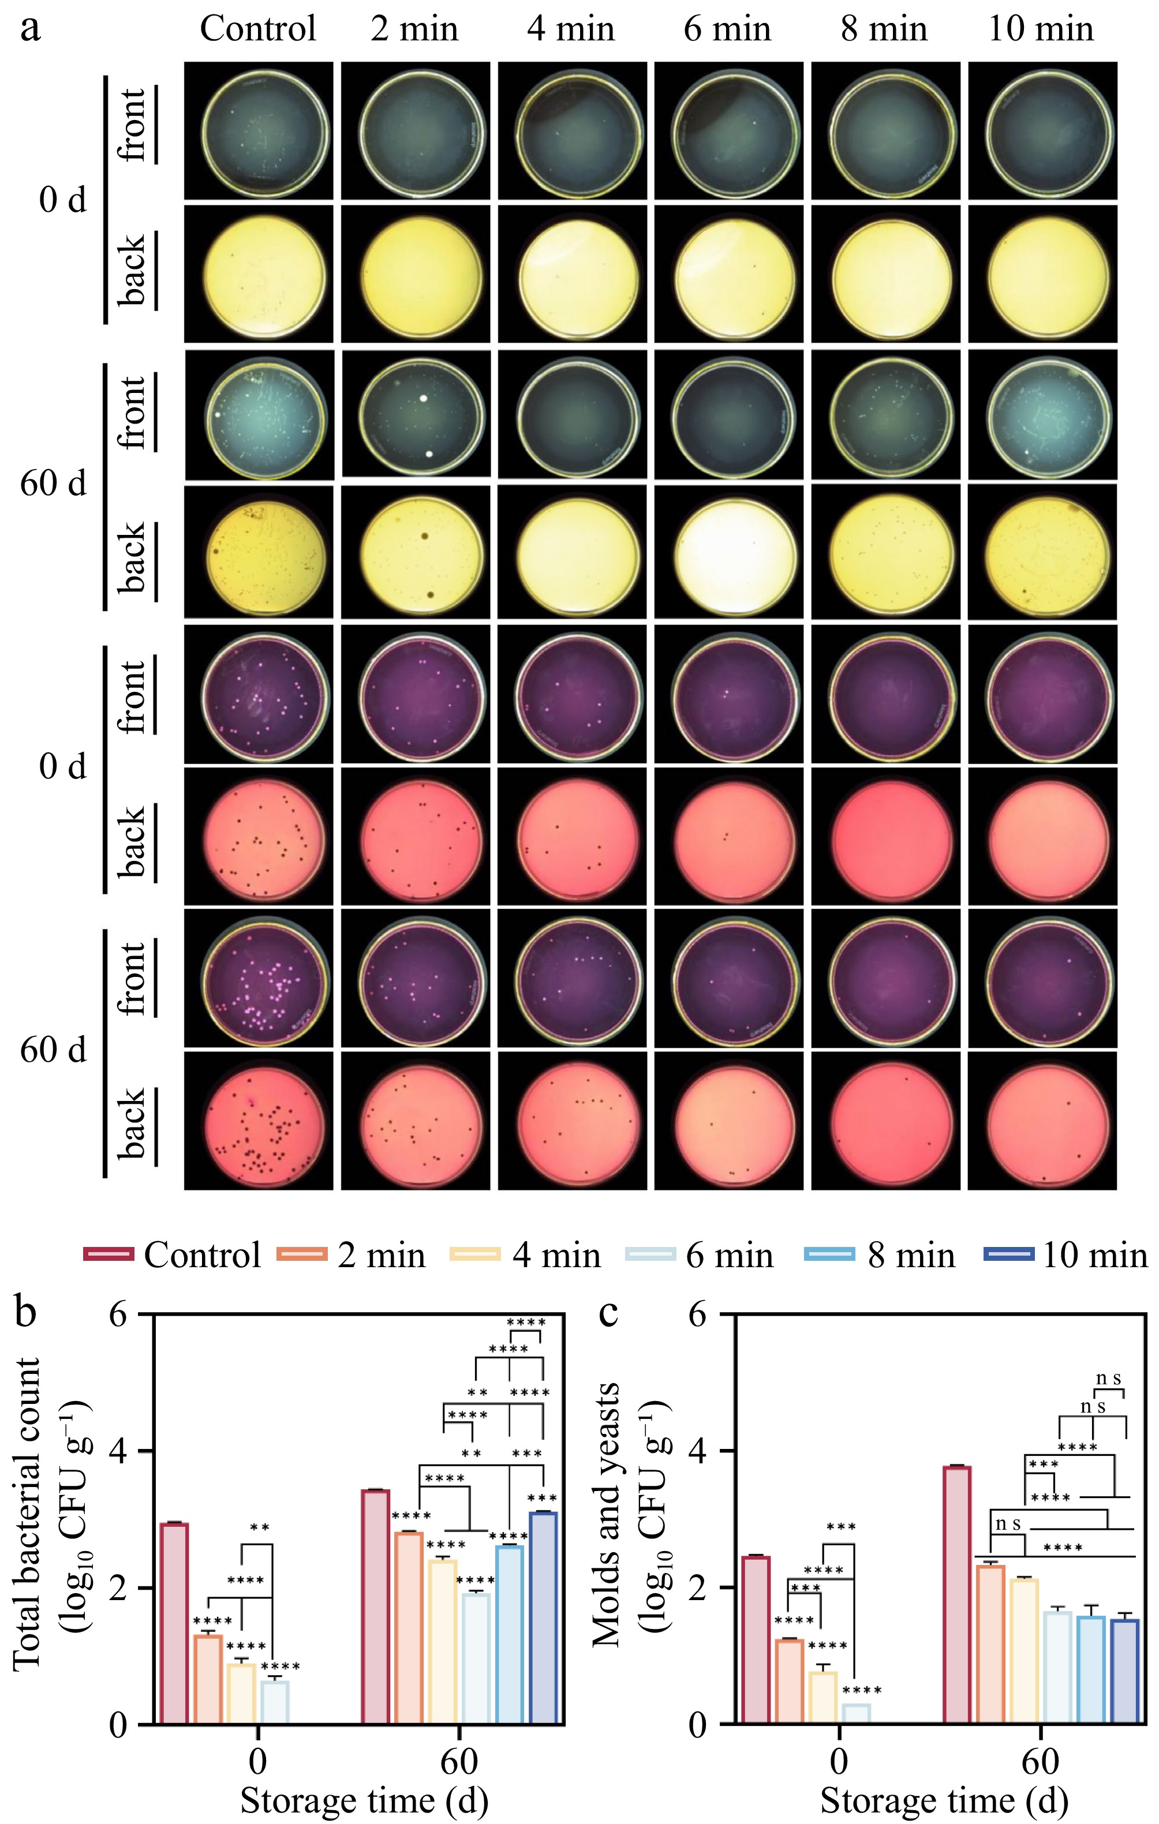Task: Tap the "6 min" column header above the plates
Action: pyautogui.click(x=727, y=29)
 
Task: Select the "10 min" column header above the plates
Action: pyautogui.click(x=1041, y=29)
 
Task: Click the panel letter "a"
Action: pyautogui.click(x=30, y=29)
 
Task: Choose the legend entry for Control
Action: pyautogui.click(x=173, y=1255)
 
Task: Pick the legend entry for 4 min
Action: pyautogui.click(x=526, y=1255)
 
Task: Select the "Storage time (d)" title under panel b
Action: pyautogui.click(x=364, y=1800)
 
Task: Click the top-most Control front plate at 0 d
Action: pyautogui.click(x=259, y=130)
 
